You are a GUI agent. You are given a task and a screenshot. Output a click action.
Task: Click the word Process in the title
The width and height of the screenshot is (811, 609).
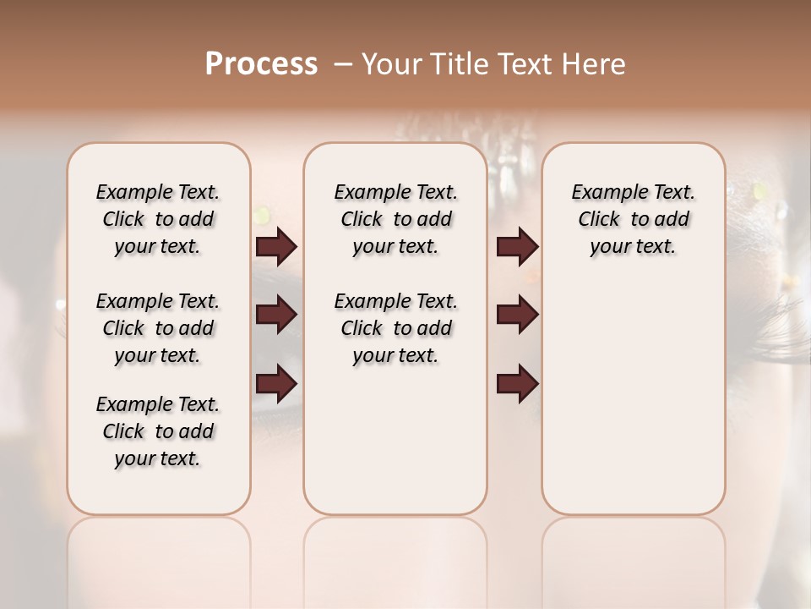click(x=261, y=64)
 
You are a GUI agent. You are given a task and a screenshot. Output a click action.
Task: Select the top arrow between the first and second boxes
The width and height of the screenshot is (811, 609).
click(x=276, y=247)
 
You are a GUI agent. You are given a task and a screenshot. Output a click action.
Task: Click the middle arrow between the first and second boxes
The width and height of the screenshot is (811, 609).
click(x=276, y=315)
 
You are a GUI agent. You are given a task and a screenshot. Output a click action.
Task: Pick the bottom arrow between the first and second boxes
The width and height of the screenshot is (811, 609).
click(x=276, y=384)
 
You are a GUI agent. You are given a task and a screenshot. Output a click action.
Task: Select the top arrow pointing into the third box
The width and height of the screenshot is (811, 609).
click(x=517, y=247)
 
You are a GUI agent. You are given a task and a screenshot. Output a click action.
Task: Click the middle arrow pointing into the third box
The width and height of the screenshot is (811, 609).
click(x=517, y=315)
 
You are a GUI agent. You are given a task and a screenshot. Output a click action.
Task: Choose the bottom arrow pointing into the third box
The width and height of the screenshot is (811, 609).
click(x=517, y=384)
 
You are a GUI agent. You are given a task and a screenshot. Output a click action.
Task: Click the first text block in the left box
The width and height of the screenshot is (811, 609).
click(x=158, y=219)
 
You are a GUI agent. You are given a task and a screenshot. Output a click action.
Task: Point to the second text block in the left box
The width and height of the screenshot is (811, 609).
click(x=158, y=328)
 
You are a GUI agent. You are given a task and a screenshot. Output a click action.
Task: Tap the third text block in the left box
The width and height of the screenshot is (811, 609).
click(x=158, y=431)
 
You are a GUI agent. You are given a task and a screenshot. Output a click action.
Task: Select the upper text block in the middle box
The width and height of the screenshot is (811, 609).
click(x=395, y=219)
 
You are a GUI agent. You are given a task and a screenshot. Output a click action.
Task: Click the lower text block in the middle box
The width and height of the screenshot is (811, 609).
click(x=395, y=328)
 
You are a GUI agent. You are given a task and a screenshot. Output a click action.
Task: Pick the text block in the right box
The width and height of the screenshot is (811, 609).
click(x=633, y=219)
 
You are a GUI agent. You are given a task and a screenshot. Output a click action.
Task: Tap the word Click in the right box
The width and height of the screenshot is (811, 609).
click(x=599, y=220)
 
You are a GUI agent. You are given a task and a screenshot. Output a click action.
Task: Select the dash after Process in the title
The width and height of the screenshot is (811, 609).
click(x=342, y=64)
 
